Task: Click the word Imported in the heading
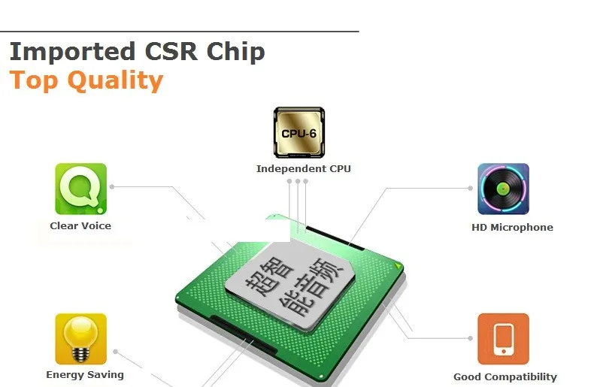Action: click(x=72, y=52)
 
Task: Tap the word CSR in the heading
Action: click(x=171, y=51)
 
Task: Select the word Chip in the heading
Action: click(x=235, y=53)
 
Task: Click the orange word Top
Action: click(x=33, y=80)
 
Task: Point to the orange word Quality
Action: click(x=115, y=80)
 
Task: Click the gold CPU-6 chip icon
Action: click(x=299, y=132)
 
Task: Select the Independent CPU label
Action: click(x=304, y=168)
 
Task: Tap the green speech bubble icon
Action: click(x=80, y=189)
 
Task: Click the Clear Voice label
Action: click(x=80, y=225)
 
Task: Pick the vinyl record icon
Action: click(x=503, y=189)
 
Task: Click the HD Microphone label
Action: click(x=512, y=227)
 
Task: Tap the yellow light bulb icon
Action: click(x=80, y=338)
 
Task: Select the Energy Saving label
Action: click(x=85, y=375)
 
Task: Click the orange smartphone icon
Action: click(x=503, y=338)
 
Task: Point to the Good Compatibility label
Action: click(x=505, y=377)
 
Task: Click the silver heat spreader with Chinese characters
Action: click(x=289, y=287)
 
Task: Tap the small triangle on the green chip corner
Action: click(x=398, y=266)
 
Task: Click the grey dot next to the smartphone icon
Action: click(x=470, y=338)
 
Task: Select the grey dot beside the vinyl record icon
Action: click(x=470, y=188)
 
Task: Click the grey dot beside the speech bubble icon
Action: click(x=112, y=186)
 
